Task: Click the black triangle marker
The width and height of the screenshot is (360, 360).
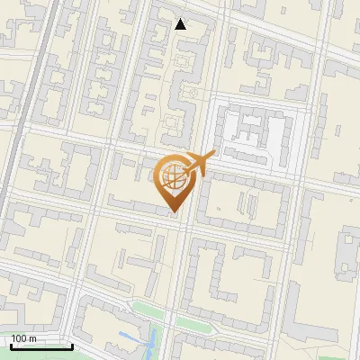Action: pos(181,24)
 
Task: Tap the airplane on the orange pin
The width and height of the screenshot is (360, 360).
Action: pos(200,163)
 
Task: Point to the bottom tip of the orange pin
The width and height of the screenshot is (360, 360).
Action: pos(173,211)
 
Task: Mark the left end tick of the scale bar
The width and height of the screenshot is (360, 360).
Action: pos(12,346)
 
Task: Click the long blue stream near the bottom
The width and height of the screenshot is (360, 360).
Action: pos(152,343)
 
